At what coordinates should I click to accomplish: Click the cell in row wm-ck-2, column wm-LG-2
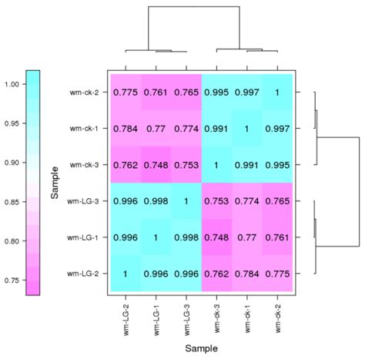tap(126, 93)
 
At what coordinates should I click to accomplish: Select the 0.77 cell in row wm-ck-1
tap(156, 129)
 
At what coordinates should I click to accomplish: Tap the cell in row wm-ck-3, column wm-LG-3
tap(185, 165)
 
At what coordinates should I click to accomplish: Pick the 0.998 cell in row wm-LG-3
tap(156, 201)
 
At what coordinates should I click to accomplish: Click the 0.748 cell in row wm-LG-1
tap(216, 237)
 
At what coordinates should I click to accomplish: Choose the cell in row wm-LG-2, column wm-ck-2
tap(276, 273)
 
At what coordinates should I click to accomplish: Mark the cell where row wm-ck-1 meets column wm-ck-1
tap(246, 129)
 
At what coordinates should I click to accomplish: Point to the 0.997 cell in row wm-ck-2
tap(246, 93)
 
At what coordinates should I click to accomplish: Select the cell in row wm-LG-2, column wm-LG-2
tap(126, 273)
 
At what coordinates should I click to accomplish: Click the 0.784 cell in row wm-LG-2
tap(246, 273)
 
